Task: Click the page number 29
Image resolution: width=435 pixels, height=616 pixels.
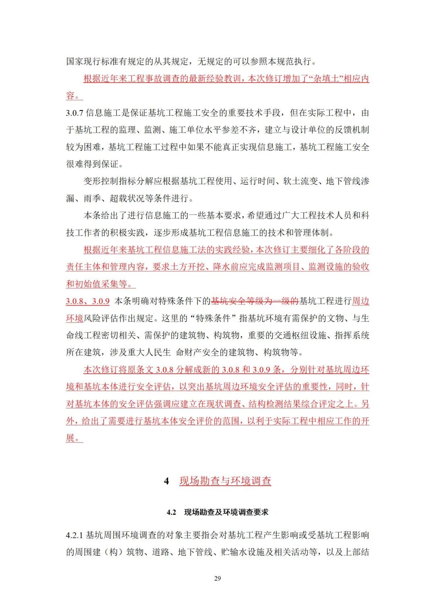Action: [x=217, y=578]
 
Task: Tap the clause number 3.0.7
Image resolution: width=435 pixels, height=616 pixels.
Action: [x=75, y=113]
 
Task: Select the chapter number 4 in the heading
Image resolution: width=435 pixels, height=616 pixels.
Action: [x=166, y=481]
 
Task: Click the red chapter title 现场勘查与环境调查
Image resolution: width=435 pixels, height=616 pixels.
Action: [x=225, y=481]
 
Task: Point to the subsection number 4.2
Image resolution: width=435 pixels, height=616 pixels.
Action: [x=171, y=512]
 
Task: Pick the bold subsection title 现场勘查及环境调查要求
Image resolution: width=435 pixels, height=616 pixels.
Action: [x=226, y=512]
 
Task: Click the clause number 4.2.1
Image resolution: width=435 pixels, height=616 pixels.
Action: [x=75, y=535]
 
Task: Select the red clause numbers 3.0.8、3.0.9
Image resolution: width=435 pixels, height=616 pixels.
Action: [x=88, y=301]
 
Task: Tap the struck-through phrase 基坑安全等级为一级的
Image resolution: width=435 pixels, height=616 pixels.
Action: [x=255, y=301]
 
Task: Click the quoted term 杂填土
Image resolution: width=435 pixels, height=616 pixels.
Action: [x=327, y=79]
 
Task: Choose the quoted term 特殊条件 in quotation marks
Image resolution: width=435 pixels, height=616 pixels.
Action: [x=213, y=318]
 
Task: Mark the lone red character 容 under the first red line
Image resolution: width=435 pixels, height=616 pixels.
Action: [x=70, y=96]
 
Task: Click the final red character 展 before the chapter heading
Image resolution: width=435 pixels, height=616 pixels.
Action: [x=70, y=438]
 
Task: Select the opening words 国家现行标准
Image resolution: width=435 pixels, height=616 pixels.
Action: [x=88, y=62]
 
